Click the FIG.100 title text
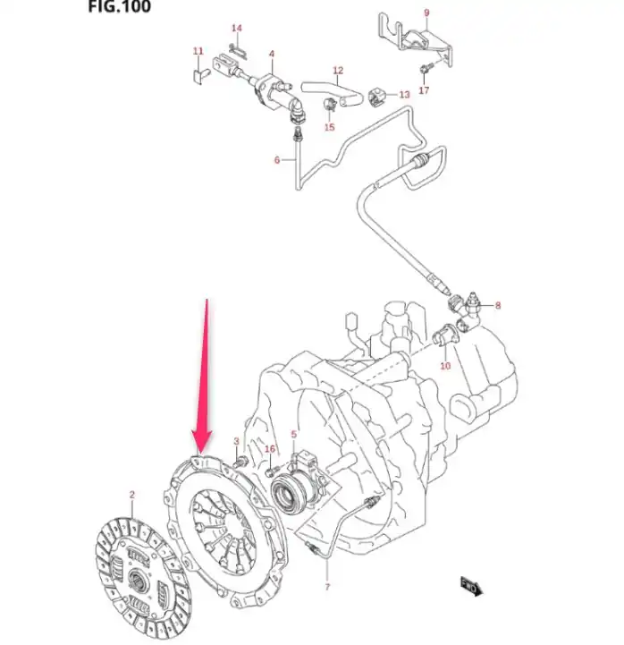119,5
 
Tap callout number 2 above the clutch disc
132,495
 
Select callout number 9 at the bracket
426,13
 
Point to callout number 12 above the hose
338,71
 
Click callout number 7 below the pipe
327,587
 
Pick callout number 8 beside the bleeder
498,305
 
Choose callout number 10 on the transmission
445,365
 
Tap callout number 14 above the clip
237,28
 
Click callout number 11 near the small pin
198,51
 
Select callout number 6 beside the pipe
277,159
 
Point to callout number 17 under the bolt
424,89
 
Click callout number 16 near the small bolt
270,449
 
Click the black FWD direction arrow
472,586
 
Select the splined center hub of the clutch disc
137,580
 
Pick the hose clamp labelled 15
330,105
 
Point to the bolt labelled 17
426,69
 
